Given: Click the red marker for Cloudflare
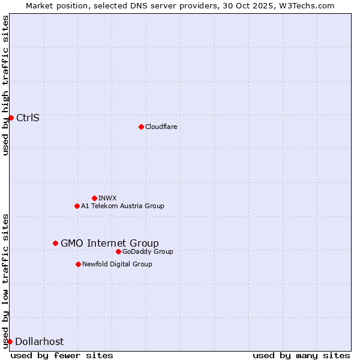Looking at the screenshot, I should click(x=141, y=127).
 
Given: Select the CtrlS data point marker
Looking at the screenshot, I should click(x=11, y=118).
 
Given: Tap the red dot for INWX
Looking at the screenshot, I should click(x=94, y=198).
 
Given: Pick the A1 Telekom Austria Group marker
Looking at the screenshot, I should click(x=77, y=206).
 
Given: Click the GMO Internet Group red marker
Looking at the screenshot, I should click(x=55, y=243).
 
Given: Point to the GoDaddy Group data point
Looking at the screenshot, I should click(x=118, y=251).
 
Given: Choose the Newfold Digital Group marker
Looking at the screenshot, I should click(x=78, y=264).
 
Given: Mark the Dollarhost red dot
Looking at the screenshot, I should click(x=10, y=341).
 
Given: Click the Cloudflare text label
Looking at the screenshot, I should click(x=161, y=127).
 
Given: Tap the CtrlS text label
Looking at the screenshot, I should click(x=28, y=118).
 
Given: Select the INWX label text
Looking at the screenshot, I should click(x=107, y=198).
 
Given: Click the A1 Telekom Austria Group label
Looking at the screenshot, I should click(x=122, y=206).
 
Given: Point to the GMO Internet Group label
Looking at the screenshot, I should click(x=110, y=243).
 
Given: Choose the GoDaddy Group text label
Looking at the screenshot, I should click(x=148, y=251).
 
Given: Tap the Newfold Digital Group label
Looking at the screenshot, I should click(x=117, y=264).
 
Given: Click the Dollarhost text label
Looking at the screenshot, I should click(x=39, y=341).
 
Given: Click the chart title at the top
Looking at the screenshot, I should click(x=180, y=5).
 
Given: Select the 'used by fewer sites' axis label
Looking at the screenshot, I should click(x=62, y=355).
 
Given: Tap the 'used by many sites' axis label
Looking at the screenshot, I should click(x=301, y=355).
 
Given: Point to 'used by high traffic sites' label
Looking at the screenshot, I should click(x=5, y=85).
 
